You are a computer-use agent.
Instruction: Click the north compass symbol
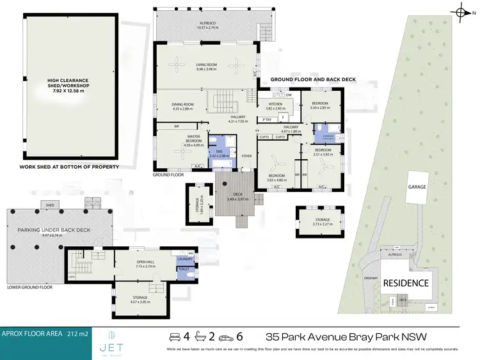[465, 11]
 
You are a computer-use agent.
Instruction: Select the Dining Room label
[182, 106]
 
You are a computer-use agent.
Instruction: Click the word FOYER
[246, 155]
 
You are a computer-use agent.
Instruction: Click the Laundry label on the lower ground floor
[185, 259]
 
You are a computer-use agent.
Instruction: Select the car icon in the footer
[173, 336]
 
